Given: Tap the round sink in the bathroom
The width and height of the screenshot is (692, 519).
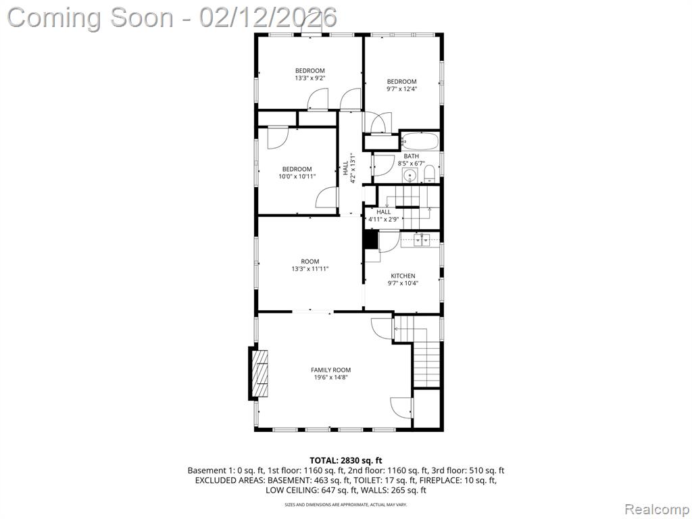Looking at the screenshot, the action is click(411, 176).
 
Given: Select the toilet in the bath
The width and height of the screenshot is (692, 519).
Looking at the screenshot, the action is click(429, 175).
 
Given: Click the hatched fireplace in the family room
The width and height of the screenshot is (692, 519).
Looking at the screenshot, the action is click(259, 374).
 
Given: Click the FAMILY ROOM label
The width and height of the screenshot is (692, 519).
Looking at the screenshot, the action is click(331, 370).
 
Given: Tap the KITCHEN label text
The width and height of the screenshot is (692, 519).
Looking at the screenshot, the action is click(403, 276).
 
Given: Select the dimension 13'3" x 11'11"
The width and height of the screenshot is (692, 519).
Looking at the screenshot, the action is click(310, 269).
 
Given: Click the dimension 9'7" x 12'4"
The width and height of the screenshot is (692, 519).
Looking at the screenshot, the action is click(401, 89).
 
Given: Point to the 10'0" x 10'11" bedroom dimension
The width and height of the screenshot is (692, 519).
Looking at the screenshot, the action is click(297, 176).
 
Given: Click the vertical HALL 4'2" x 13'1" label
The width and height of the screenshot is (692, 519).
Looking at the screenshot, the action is click(349, 168).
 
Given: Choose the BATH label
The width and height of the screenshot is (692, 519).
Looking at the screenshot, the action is click(412, 156).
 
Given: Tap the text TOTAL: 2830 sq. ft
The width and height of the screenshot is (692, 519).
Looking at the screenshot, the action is click(345, 461).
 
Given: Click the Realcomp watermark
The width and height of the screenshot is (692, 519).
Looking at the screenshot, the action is click(656, 510).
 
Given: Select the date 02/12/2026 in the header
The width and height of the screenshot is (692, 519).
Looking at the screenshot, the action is click(268, 18).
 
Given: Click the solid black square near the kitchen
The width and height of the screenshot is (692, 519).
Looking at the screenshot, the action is click(371, 240).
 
